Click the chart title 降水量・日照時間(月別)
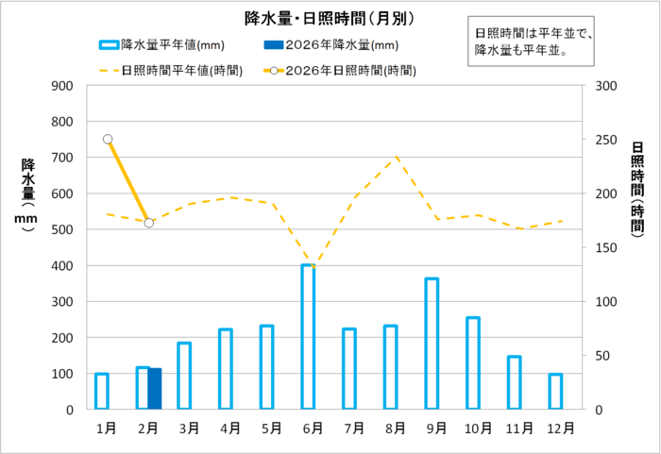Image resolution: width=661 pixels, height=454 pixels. pos(330,18)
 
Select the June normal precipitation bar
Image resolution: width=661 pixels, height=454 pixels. pos(308,337)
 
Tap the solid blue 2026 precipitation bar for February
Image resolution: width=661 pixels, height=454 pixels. pos(155,389)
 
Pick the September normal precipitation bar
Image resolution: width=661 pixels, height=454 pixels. pos(432,344)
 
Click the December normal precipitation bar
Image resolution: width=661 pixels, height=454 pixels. pos(555,392)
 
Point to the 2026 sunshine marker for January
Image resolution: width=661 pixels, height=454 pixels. pos(108,139)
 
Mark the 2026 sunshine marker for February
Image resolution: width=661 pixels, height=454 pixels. pos(149,223)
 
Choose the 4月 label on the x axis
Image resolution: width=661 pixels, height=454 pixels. pos(230,428)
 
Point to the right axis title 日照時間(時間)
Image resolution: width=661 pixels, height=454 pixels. pos(637,189)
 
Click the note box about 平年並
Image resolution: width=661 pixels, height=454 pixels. pos(534,42)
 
